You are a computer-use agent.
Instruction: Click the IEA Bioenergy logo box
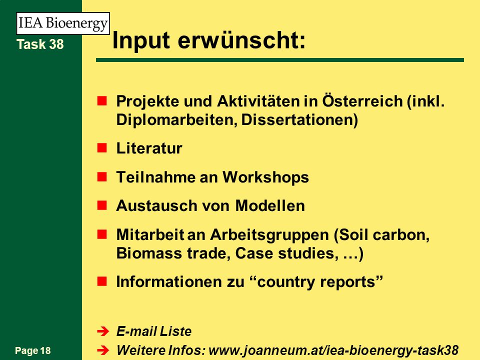(x=63, y=23)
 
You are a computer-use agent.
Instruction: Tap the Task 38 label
(x=40, y=44)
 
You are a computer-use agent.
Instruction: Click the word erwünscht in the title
(x=241, y=40)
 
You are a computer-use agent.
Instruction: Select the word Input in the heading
(x=141, y=40)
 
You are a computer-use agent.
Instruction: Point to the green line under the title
(x=280, y=60)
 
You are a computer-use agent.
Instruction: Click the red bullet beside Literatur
(x=102, y=148)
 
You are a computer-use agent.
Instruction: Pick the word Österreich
(x=362, y=100)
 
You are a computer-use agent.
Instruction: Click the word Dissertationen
(x=299, y=119)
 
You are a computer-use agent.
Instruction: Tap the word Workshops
(x=265, y=177)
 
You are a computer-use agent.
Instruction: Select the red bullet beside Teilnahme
(x=102, y=177)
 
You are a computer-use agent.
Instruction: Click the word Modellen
(x=270, y=205)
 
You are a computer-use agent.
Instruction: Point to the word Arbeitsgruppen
(x=269, y=235)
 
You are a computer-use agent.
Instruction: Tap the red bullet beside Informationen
(x=102, y=281)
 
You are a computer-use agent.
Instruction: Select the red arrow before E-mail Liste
(x=103, y=331)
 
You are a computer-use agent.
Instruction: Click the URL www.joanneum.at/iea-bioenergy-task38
(x=333, y=350)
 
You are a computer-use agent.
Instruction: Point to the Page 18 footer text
(x=33, y=351)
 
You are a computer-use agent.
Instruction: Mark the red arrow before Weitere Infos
(x=103, y=350)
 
